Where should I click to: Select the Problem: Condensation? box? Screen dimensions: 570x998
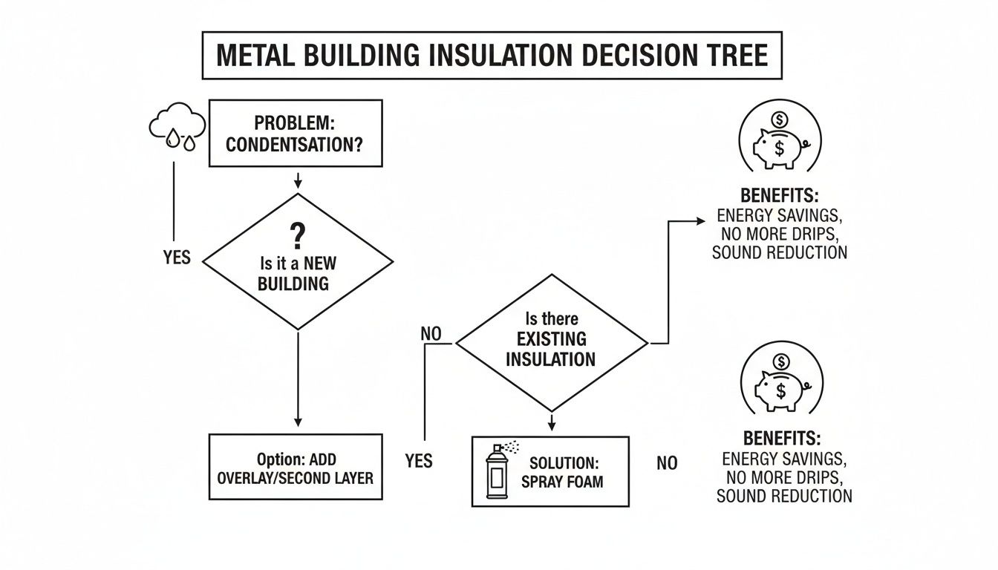(x=295, y=134)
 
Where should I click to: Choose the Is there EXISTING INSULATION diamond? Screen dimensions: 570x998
(x=551, y=341)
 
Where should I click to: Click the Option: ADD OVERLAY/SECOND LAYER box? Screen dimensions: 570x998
(x=296, y=467)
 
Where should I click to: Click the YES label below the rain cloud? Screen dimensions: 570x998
(x=177, y=258)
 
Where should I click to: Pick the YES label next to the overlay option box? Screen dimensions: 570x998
(x=420, y=461)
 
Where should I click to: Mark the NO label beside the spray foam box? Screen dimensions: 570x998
(x=667, y=463)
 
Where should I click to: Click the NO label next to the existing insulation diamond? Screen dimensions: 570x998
(x=431, y=333)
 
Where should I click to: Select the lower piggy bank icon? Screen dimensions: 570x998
(x=781, y=383)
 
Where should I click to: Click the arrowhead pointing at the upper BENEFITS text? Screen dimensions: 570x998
(x=700, y=221)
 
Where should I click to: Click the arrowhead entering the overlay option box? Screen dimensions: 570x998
(x=297, y=423)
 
